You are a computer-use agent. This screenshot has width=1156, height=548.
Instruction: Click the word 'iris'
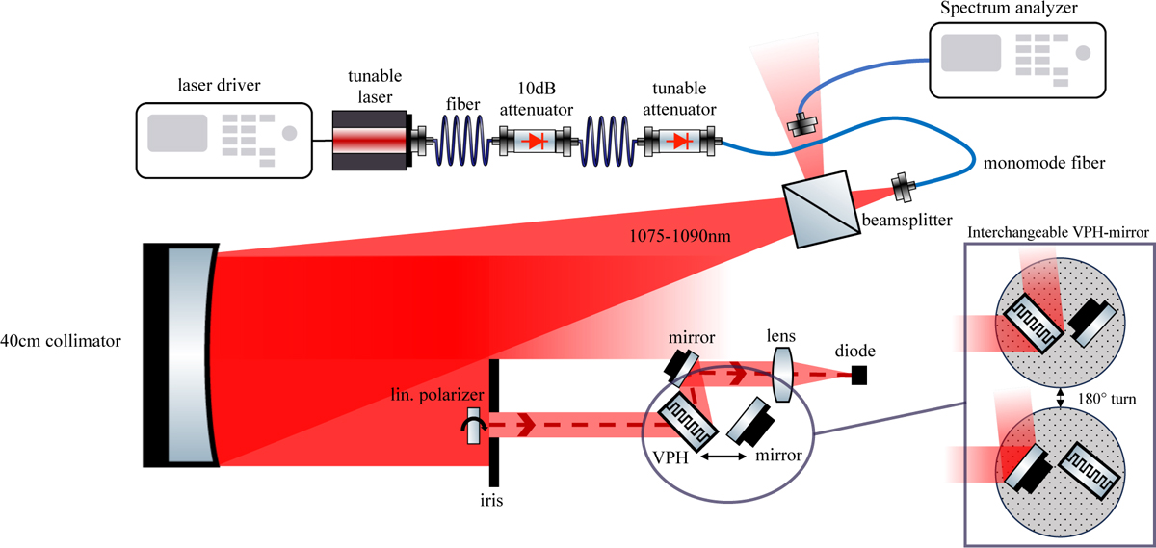click(x=493, y=501)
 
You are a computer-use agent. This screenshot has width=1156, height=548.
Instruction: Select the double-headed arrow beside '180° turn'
click(x=1060, y=397)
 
